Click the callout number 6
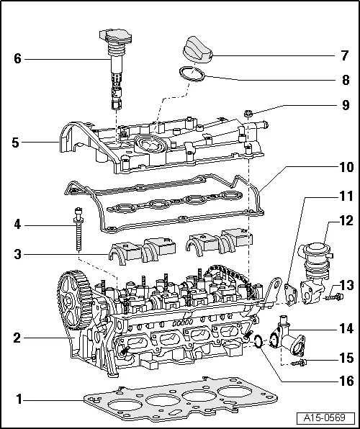pos(17,58)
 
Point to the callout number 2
pos(17,337)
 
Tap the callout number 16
pos(346,381)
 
